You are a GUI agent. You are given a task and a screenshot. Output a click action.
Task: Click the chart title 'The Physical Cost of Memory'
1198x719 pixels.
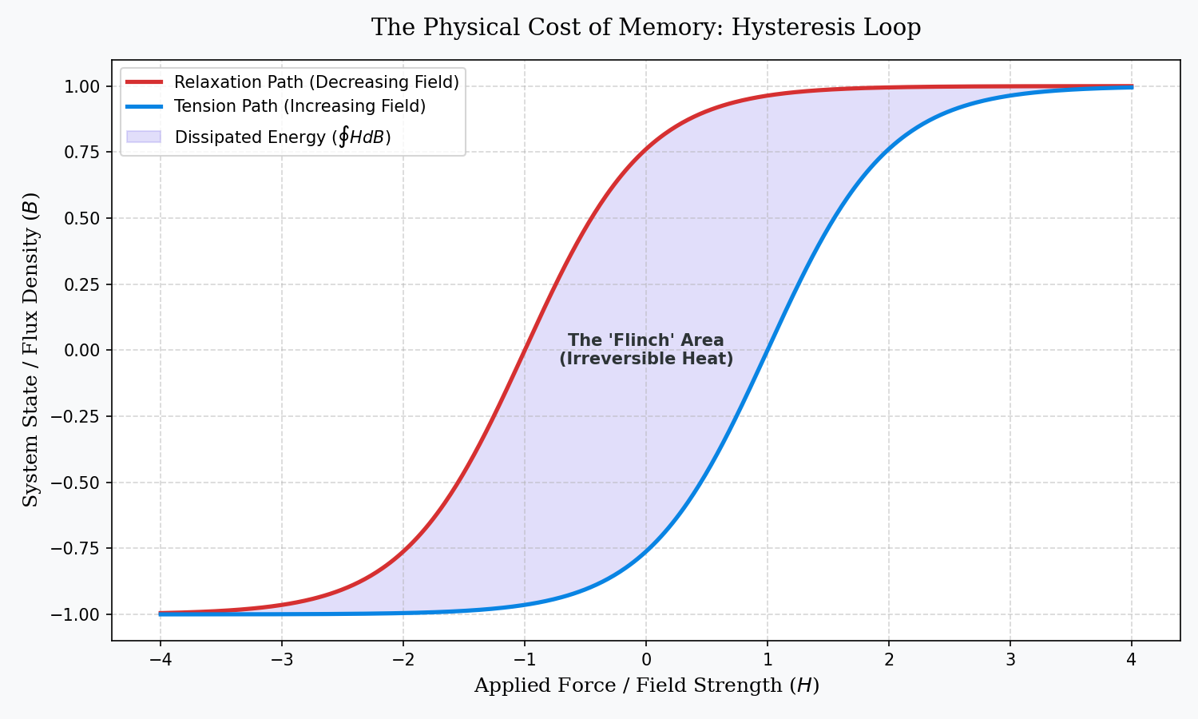[645, 28]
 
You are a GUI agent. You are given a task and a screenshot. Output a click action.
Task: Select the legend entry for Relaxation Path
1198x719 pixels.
[316, 82]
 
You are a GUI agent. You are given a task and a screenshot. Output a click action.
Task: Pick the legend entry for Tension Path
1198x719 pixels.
[299, 106]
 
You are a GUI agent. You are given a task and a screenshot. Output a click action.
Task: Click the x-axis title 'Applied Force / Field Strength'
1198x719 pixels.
[646, 685]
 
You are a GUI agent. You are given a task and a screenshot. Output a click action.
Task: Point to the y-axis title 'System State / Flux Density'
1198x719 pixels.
[30, 349]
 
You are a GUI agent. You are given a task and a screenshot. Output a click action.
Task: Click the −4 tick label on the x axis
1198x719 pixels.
[160, 660]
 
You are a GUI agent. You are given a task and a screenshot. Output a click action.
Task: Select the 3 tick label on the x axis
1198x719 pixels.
[1010, 660]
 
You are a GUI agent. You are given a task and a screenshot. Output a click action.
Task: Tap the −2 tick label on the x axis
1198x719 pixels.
[403, 660]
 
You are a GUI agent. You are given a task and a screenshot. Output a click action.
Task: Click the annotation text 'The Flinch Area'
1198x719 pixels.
[645, 340]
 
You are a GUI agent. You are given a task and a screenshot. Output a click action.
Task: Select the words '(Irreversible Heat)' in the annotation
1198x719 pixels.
[645, 359]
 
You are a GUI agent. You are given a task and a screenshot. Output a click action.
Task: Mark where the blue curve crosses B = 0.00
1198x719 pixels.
[768, 350]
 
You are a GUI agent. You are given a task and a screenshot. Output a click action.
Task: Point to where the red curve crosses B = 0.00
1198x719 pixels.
[525, 350]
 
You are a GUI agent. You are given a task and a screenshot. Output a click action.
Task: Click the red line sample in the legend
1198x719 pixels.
[145, 82]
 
